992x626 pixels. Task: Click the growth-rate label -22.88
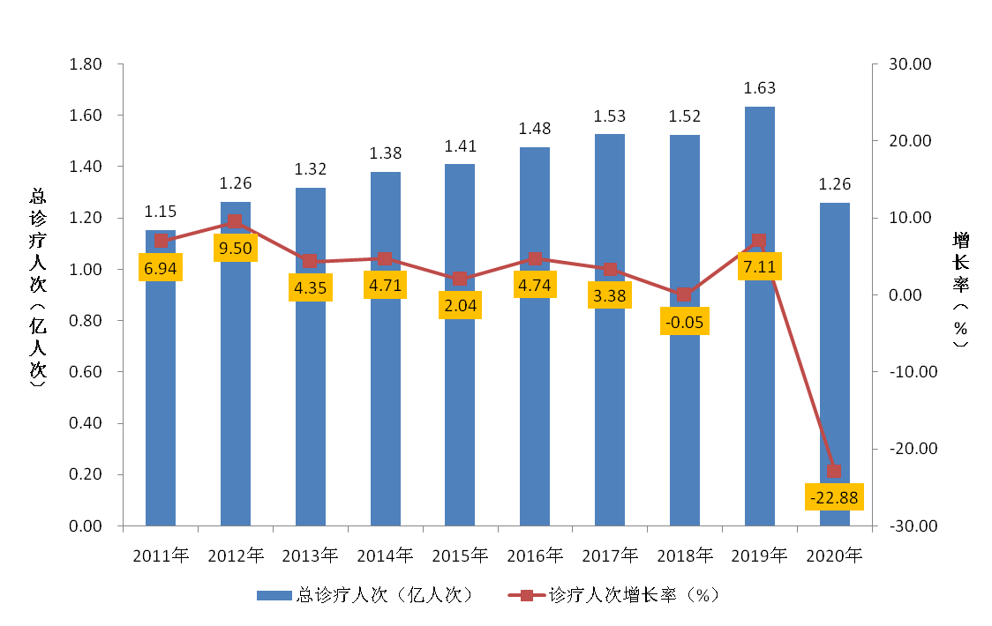(834, 497)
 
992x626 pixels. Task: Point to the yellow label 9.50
(236, 249)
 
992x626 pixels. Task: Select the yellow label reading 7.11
(759, 266)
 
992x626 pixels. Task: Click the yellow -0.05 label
(684, 322)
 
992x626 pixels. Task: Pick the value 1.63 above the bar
(759, 88)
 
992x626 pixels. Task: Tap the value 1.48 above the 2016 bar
(535, 129)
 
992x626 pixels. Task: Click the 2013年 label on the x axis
(310, 555)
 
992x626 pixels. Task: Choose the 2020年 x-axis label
(834, 555)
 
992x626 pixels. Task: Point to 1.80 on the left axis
(86, 64)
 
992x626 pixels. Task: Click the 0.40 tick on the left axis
(86, 423)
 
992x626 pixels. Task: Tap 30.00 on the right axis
(911, 64)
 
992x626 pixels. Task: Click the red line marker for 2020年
(834, 471)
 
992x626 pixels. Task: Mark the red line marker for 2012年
(235, 222)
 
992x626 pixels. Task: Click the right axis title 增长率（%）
(961, 291)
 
